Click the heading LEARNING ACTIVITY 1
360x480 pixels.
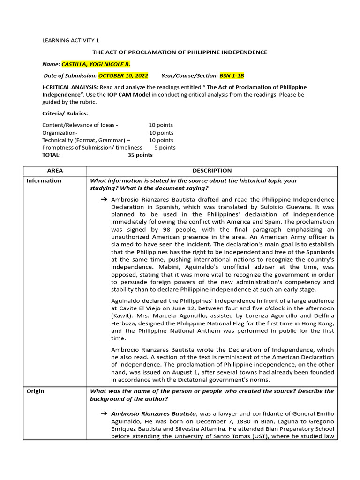pos(71,41)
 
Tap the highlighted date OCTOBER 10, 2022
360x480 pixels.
pos(123,75)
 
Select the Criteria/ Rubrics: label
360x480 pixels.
pos(65,113)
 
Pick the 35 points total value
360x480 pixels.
pos(140,155)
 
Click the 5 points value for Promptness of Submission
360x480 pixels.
pos(165,147)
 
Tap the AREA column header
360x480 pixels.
pos(55,171)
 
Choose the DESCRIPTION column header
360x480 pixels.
pos(212,171)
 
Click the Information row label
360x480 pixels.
pos(44,180)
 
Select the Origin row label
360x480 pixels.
pos(35,391)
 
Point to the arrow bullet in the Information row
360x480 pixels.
pos(104,200)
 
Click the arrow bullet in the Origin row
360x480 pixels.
pos(104,413)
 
